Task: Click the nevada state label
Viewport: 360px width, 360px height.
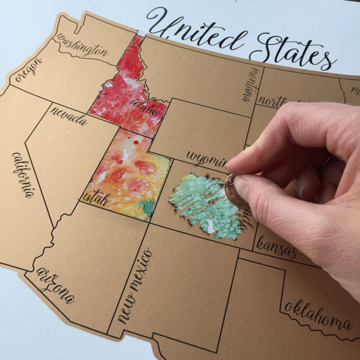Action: tap(69, 117)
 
